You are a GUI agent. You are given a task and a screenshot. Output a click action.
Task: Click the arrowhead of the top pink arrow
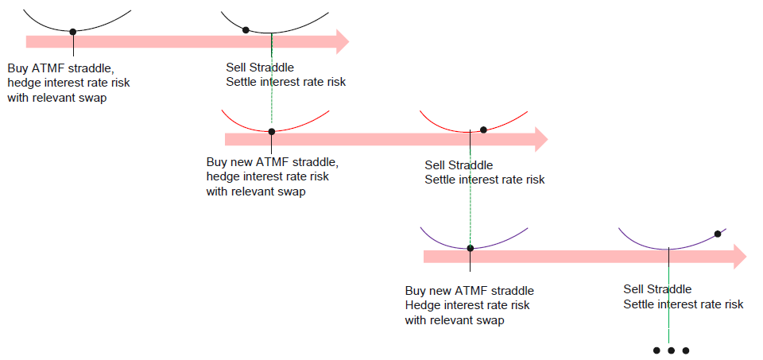coord(341,41)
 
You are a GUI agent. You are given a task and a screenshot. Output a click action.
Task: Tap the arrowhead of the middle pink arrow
coord(540,139)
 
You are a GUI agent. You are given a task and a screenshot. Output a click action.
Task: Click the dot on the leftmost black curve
coord(72,32)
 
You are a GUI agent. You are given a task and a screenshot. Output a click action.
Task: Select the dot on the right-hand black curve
coord(246,30)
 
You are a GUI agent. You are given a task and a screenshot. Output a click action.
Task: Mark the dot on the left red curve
coord(271,131)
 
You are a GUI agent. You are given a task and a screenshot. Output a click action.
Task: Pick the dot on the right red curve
coord(483,130)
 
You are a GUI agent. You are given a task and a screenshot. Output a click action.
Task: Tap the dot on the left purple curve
coord(470,248)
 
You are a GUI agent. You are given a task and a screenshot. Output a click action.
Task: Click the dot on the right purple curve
coord(718,234)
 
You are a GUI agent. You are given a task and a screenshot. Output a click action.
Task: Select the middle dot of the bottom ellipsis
coord(671,350)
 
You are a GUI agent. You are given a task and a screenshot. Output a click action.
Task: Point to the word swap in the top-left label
coord(90,97)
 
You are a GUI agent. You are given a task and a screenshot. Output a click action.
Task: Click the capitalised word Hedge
coord(422,305)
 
